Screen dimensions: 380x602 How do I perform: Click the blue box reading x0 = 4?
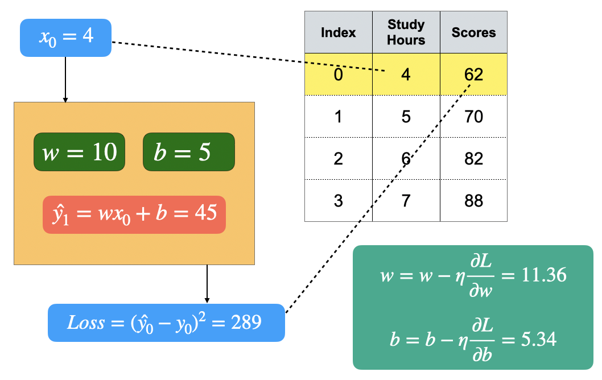tap(65, 38)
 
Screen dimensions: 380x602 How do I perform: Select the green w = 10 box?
tap(79, 152)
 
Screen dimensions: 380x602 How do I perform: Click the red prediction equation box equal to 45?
tap(134, 214)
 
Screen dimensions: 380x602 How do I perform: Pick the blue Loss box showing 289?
tap(166, 323)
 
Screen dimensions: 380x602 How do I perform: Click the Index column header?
tap(339, 32)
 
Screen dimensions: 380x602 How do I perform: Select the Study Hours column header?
tap(406, 32)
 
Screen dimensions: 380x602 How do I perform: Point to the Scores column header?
tap(473, 32)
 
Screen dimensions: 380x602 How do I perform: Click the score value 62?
tap(473, 75)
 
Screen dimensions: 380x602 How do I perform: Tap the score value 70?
tap(473, 117)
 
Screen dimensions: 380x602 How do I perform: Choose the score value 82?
tap(473, 158)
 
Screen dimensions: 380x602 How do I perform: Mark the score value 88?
tap(473, 201)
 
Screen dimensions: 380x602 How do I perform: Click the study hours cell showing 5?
tap(406, 117)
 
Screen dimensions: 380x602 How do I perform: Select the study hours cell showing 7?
tap(406, 201)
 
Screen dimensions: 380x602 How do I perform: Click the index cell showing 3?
tap(339, 201)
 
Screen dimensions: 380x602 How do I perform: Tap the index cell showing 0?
tap(339, 75)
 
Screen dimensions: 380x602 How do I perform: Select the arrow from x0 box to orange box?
tap(65, 80)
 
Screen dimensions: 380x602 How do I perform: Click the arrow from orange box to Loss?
tap(207, 284)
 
